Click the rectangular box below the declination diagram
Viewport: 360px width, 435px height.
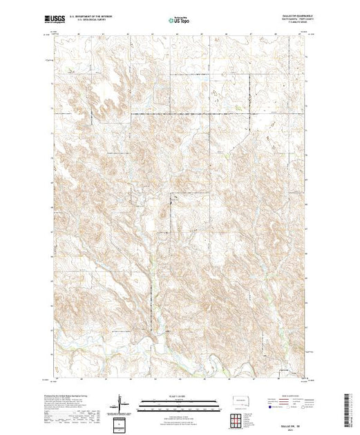click(x=122, y=423)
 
